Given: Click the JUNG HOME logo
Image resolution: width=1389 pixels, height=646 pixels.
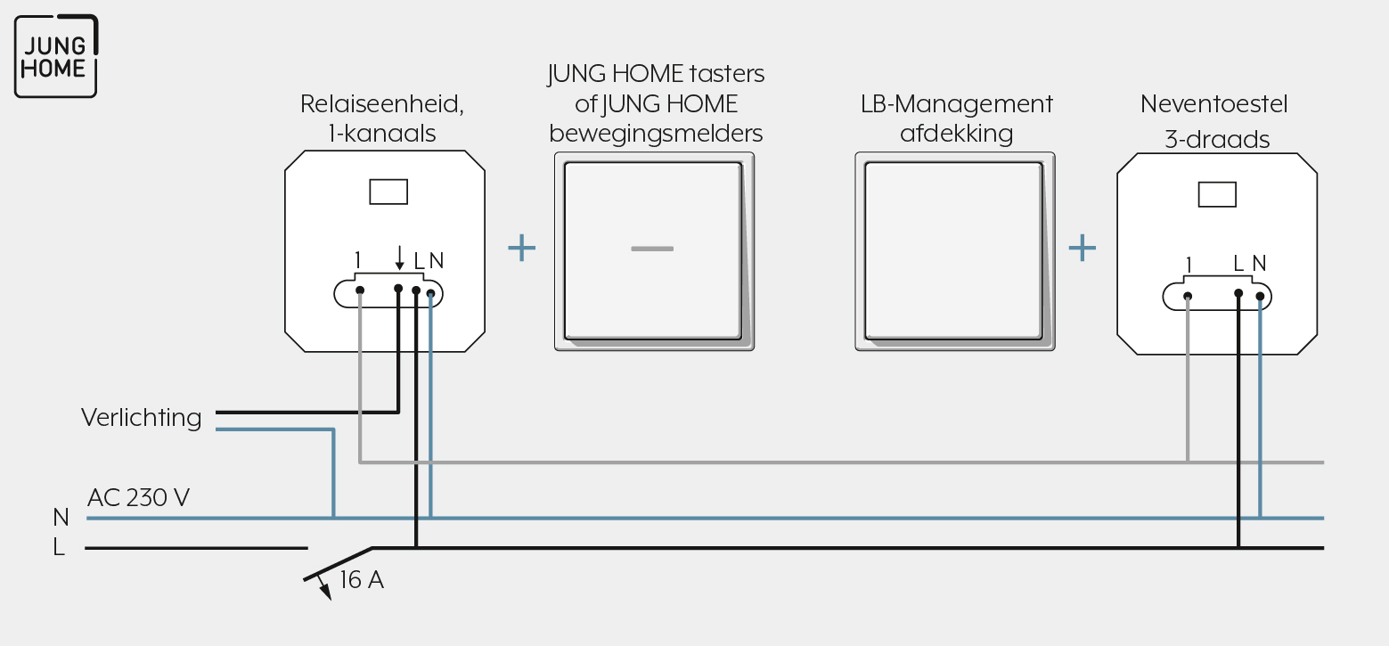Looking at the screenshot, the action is (x=56, y=56).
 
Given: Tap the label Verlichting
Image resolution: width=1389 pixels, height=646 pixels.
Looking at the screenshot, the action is (x=142, y=418).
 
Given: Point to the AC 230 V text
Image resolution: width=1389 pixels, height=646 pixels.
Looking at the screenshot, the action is (x=138, y=497).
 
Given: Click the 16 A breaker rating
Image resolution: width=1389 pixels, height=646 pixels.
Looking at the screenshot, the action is (x=362, y=580).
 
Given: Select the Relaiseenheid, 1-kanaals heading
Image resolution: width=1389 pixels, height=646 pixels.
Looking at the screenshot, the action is (x=382, y=119).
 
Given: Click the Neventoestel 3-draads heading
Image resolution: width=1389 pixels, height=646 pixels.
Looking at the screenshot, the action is (x=1214, y=121).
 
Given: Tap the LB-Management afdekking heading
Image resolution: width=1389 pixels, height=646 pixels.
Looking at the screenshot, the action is (x=956, y=119).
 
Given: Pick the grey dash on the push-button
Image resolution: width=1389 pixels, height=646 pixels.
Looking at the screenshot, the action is (x=652, y=249).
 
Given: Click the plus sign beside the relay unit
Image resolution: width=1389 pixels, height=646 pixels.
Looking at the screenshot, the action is (x=521, y=248).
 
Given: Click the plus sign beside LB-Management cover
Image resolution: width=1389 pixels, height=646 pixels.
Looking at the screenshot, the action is (x=1082, y=248).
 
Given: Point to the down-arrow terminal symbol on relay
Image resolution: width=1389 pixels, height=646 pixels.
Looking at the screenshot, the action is (x=400, y=258).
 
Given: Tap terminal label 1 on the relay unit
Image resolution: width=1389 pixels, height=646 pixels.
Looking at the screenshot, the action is (x=358, y=260).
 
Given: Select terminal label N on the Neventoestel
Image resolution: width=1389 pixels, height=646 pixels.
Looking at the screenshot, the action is (x=1259, y=264).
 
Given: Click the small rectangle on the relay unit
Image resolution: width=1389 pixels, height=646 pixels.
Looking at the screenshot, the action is (x=388, y=192).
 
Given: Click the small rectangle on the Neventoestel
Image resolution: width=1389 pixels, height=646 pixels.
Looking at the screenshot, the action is (x=1217, y=194).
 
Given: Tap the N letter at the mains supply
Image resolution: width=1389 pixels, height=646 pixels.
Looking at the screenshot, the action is (x=61, y=517).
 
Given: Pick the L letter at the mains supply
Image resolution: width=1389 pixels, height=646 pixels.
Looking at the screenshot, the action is (x=59, y=547).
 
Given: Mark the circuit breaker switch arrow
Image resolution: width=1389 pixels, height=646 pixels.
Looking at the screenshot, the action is (x=323, y=587).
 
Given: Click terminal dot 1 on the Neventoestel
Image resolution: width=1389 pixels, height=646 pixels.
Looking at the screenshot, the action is (x=1188, y=297).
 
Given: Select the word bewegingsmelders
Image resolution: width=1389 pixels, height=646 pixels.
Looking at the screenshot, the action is (x=656, y=134).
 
